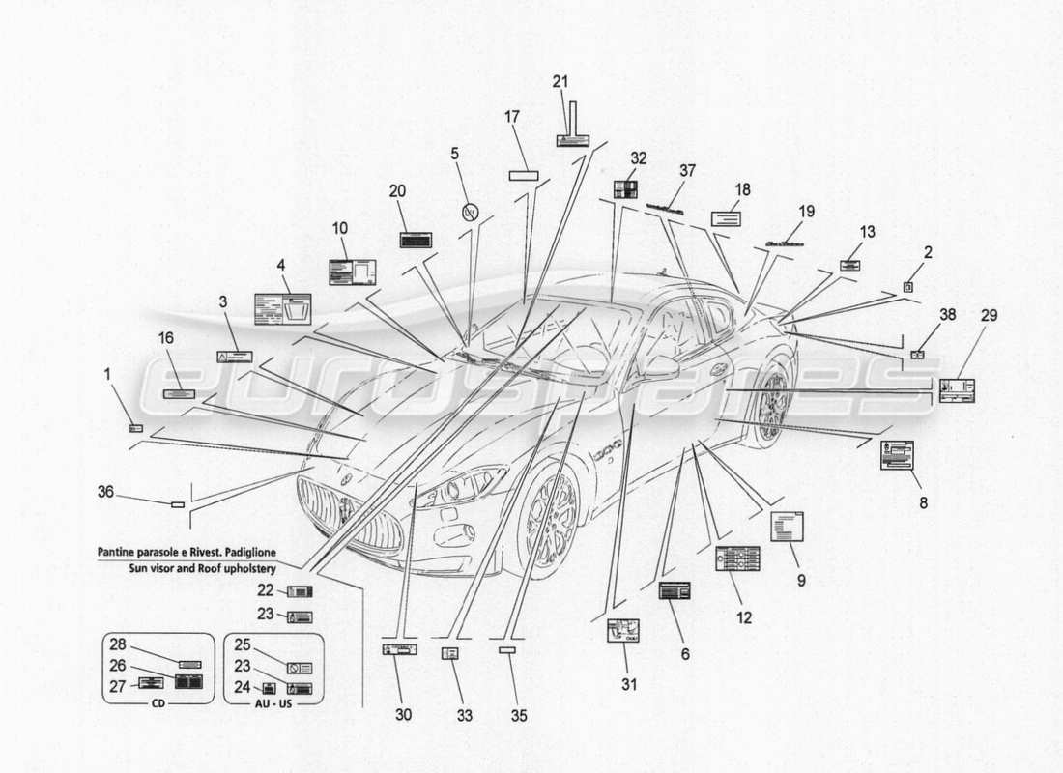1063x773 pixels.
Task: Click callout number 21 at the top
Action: [x=560, y=82]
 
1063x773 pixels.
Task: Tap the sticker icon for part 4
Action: [x=282, y=308]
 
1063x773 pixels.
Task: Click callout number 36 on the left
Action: [x=105, y=492]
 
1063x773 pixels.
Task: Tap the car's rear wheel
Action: [x=773, y=406]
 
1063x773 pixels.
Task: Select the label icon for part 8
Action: [x=897, y=455]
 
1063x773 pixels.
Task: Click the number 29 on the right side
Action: [x=989, y=315]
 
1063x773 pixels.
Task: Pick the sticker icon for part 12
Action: [x=737, y=558]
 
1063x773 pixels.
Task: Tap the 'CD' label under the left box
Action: [x=158, y=704]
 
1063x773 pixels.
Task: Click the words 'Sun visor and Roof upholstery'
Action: [x=201, y=569]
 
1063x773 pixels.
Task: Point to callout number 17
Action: [x=512, y=117]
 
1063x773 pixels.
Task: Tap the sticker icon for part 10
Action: [x=352, y=272]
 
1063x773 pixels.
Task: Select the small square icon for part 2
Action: [x=908, y=286]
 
